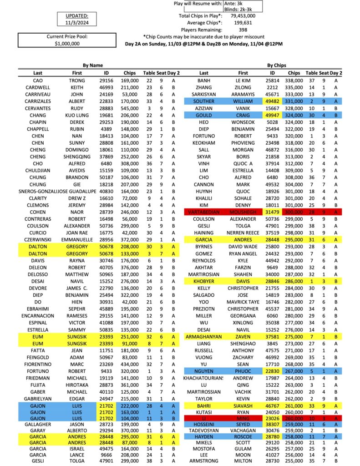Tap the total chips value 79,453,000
[243, 15]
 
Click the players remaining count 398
[243, 30]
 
